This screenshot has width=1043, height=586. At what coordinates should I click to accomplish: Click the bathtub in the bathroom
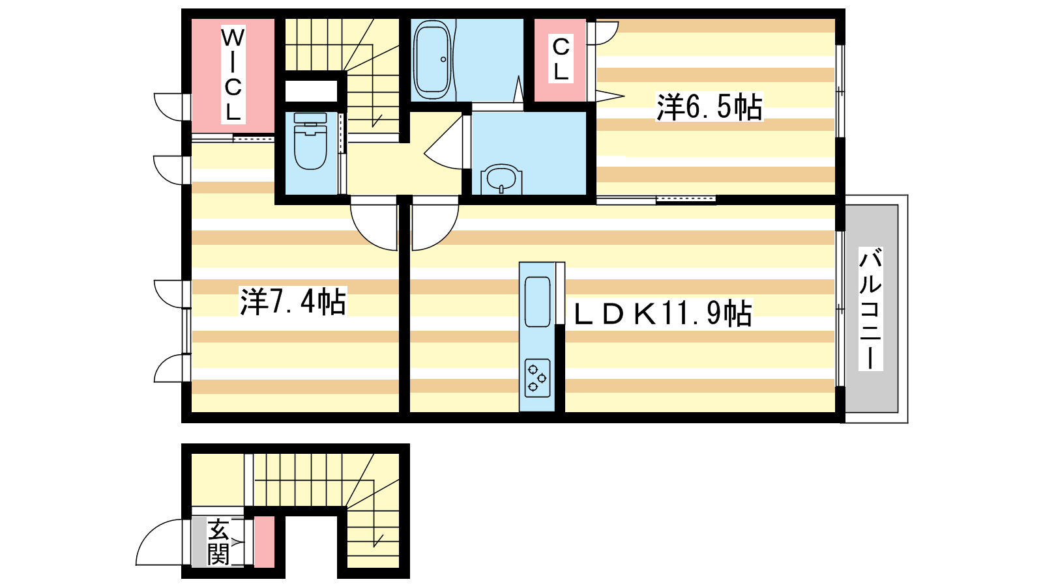pos(432,59)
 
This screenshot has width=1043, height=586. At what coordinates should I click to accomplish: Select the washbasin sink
pos(501,178)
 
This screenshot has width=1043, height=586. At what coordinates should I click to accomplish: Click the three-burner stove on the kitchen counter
pos(537,378)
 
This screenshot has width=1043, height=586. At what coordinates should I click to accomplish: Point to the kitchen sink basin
pos(537,301)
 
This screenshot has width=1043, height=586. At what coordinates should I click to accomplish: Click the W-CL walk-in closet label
pos(233,74)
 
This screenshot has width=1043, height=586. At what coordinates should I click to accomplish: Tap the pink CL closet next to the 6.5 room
pos(560,59)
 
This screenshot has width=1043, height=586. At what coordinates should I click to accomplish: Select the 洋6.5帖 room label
pos(709,107)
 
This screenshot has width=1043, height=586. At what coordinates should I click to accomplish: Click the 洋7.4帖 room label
pos(293,301)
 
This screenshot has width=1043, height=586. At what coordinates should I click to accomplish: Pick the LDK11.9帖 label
pos(662,314)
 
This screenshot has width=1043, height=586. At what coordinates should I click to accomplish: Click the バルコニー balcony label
pos(870,309)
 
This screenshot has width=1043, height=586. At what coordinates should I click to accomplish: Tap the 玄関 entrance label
pos(218,542)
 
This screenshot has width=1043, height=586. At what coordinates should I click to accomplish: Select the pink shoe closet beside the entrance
pos(264,541)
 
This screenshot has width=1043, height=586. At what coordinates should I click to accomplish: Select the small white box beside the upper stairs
pos(311,91)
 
